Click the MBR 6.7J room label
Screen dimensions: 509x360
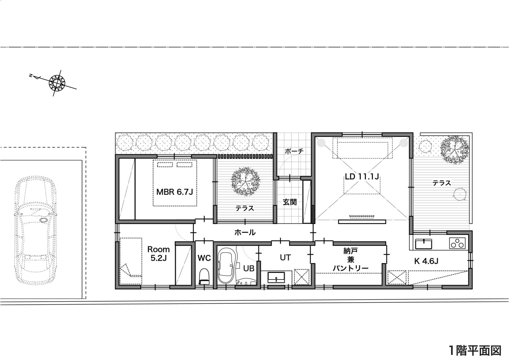pyautogui.click(x=175, y=192)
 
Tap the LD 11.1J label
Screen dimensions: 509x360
pyautogui.click(x=362, y=177)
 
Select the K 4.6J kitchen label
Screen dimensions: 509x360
pyautogui.click(x=426, y=261)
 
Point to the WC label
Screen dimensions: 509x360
pyautogui.click(x=204, y=258)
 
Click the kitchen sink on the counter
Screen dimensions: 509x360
pyautogui.click(x=424, y=244)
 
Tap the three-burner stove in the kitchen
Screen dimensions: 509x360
pyautogui.click(x=457, y=243)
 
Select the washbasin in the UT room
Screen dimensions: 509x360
pyautogui.click(x=276, y=277)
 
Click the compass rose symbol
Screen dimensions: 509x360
pyautogui.click(x=57, y=82)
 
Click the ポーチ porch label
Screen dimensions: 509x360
pyautogui.click(x=294, y=151)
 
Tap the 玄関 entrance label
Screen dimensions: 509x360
pyautogui.click(x=290, y=202)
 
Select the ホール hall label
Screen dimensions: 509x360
pyautogui.click(x=245, y=232)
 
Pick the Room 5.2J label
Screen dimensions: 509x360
pyautogui.click(x=158, y=254)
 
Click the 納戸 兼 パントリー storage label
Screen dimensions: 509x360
pyautogui.click(x=350, y=259)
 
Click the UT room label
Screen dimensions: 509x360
pyautogui.click(x=285, y=258)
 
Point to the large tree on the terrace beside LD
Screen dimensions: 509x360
pyautogui.click(x=454, y=150)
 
